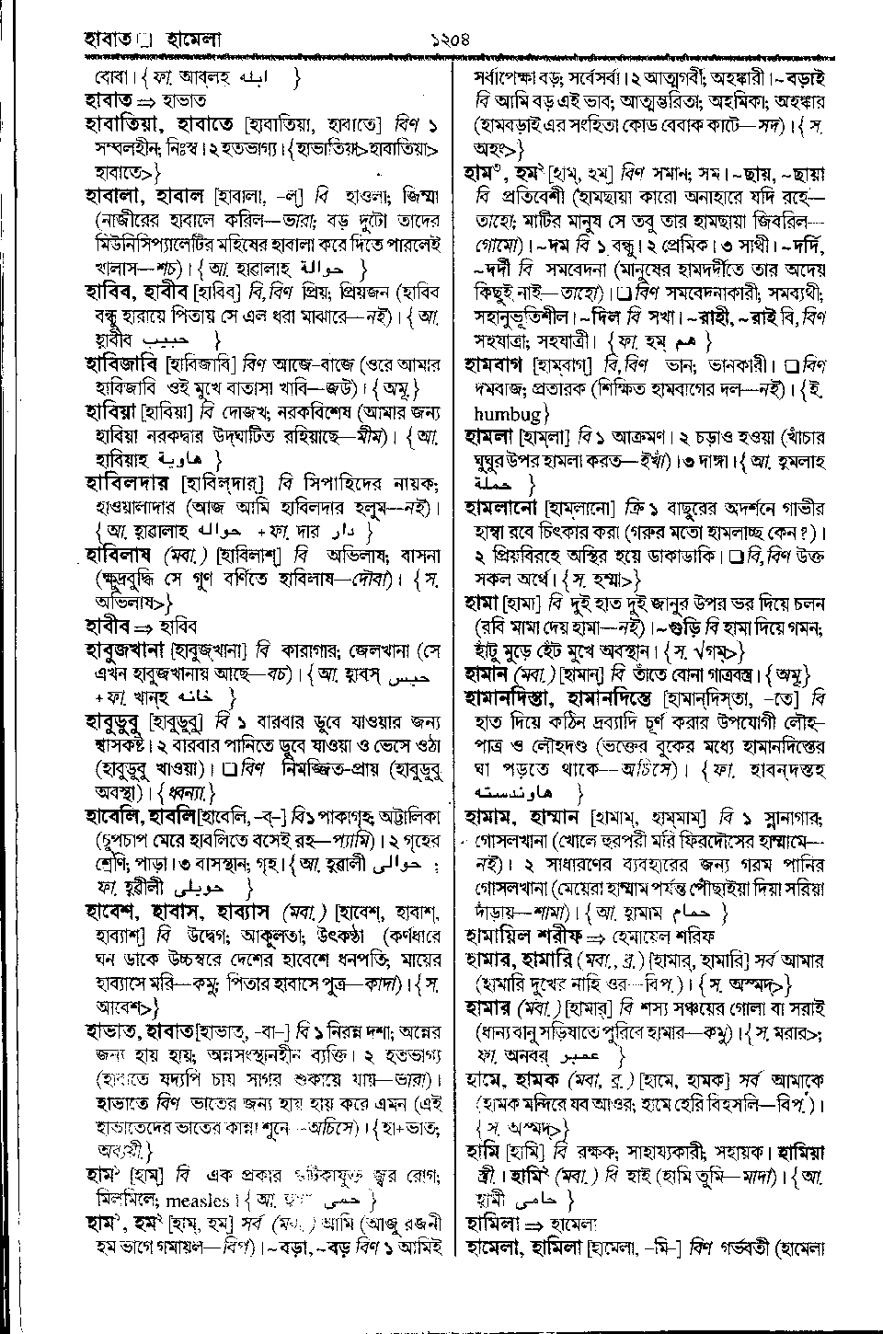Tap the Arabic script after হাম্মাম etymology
pos(694,914)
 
